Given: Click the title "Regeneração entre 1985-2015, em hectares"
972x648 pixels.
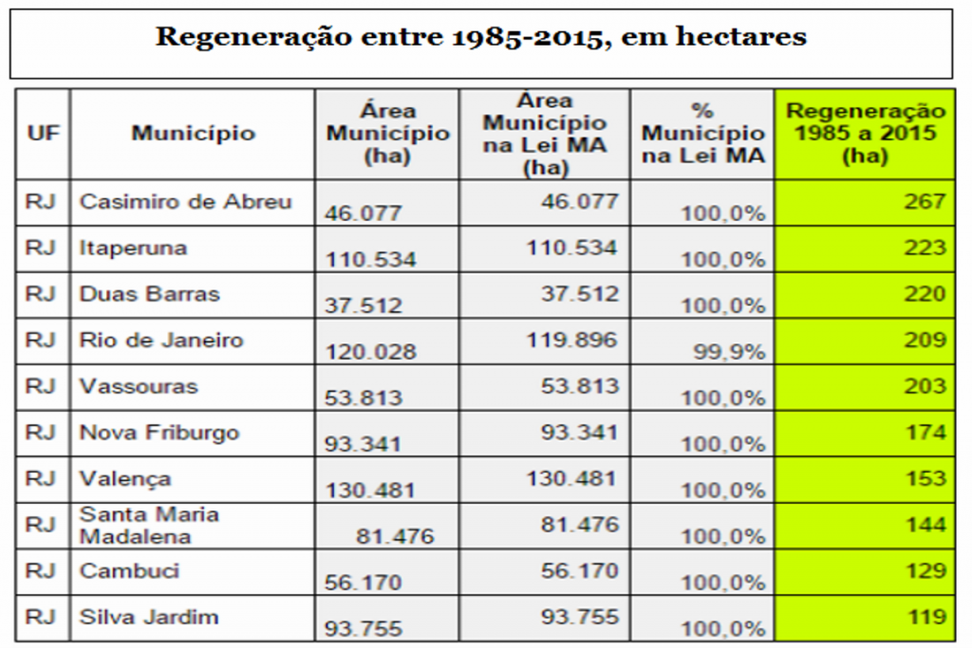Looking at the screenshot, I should point(480,38).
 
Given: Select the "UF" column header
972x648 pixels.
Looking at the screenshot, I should point(43,133).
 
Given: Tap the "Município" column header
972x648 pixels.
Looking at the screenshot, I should point(193,133).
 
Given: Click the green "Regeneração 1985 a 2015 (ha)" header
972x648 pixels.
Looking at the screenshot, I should point(866,134).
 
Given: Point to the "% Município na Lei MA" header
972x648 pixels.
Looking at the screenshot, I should point(702,134).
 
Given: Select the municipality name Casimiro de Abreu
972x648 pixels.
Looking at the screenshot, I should point(186,202).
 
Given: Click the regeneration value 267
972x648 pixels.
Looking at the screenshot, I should point(925,202).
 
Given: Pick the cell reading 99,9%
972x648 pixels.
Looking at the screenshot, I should point(729,352).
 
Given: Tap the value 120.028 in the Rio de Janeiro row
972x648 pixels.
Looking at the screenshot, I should point(371,352).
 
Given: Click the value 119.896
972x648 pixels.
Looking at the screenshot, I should point(572,340).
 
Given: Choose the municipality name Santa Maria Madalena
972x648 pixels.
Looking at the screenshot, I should point(149,526).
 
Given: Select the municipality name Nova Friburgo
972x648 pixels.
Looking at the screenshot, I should point(159,434).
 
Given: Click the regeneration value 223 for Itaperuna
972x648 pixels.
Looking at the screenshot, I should point(925,249).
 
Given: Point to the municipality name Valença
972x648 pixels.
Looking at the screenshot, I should point(125,479).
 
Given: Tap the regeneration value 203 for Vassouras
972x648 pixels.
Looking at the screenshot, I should point(925,387).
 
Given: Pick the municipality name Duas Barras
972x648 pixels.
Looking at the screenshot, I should point(149,294).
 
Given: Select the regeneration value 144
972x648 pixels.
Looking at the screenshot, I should point(925,526).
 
